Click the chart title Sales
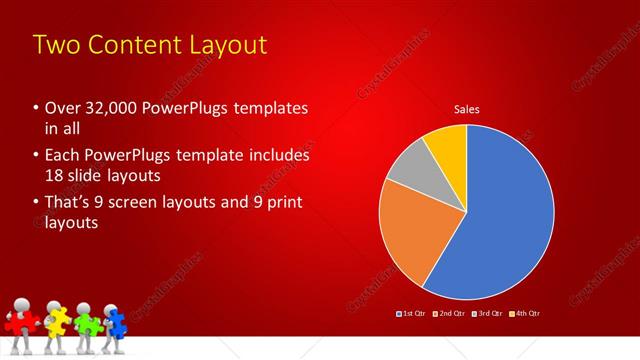(466, 109)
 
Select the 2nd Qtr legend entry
(451, 313)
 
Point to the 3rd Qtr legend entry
(488, 313)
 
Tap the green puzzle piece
(86, 323)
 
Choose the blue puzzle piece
(114, 320)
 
